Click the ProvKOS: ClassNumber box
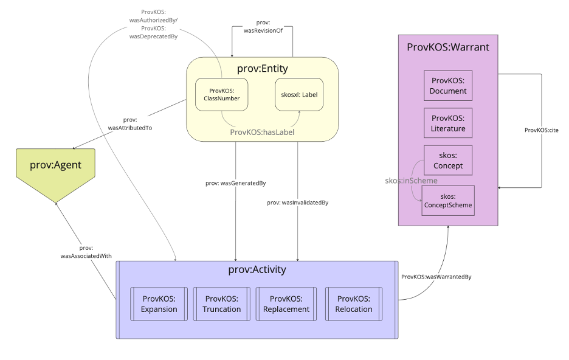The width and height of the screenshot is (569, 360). coord(221,94)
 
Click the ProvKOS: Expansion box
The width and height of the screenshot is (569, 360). coord(159,304)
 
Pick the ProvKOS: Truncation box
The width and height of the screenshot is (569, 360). coord(222,304)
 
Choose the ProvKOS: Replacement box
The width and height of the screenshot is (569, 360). coord(286,304)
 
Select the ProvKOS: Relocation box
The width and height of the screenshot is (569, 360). coord(353,304)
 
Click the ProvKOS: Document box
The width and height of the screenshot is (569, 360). coord(448,86)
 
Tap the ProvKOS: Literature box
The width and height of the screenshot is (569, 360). coord(448,123)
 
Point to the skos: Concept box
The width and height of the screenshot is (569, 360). coord(448,161)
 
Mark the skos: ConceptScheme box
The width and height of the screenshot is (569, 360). coord(448,201)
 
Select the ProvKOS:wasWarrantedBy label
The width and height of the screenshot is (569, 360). coord(436,277)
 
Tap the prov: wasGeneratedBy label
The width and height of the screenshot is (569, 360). coord(235,182)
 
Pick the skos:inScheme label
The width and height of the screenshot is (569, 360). coord(411,181)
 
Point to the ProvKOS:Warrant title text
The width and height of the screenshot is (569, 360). coord(447,46)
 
